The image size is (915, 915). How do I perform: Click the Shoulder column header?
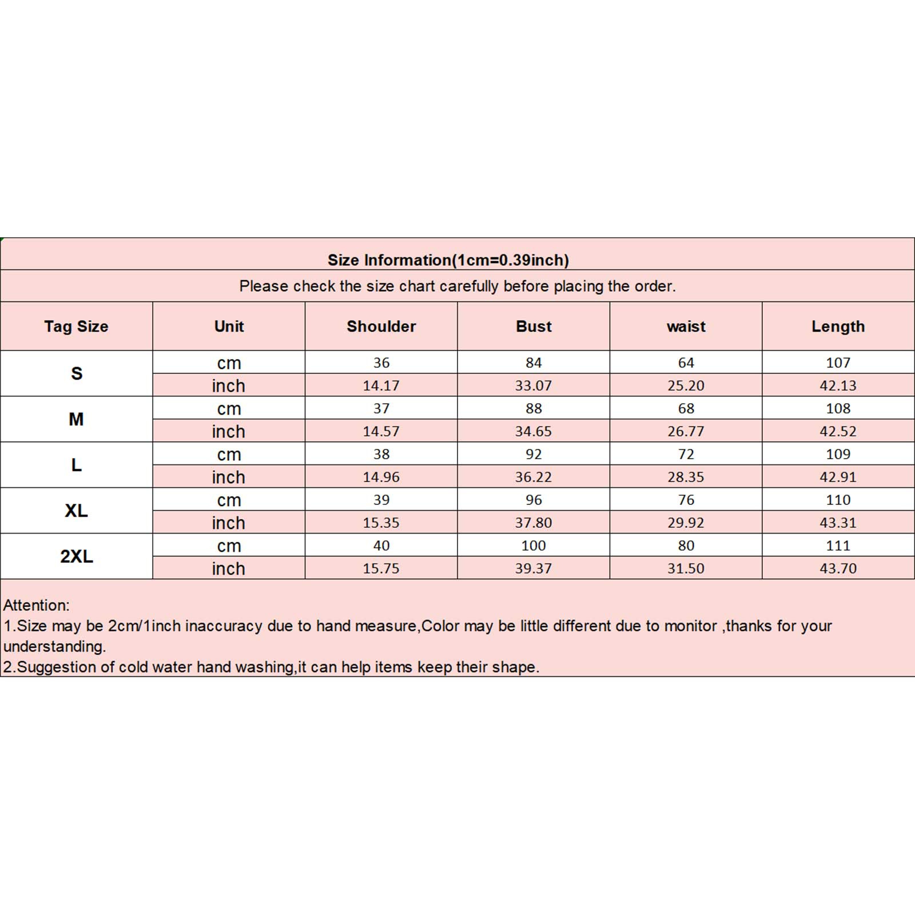pos(381,327)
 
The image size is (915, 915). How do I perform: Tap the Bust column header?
pos(534,327)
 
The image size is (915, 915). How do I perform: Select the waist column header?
pos(686,327)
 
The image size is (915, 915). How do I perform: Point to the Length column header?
pos(838,327)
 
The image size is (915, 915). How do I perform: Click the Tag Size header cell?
pos(76,327)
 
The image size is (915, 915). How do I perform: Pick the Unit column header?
pos(229,327)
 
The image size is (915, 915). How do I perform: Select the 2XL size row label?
pos(76,556)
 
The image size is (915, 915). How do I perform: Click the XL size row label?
pos(76,511)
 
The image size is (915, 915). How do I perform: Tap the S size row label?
pos(76,373)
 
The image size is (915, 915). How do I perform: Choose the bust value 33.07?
pos(534,385)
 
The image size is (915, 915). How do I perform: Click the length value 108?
pos(838,408)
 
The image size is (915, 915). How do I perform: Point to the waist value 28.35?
pos(686,477)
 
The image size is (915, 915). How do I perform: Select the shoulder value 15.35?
pos(381,523)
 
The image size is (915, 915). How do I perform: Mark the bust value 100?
pos(534,546)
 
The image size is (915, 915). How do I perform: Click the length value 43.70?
pos(838,568)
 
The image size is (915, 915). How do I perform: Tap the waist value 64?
pos(686,363)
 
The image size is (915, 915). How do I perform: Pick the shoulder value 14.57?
pos(381,431)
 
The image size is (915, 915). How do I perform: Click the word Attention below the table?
pos(36,605)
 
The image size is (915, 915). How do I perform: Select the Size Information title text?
pos(448,260)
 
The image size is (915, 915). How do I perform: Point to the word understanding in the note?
pos(54,647)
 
